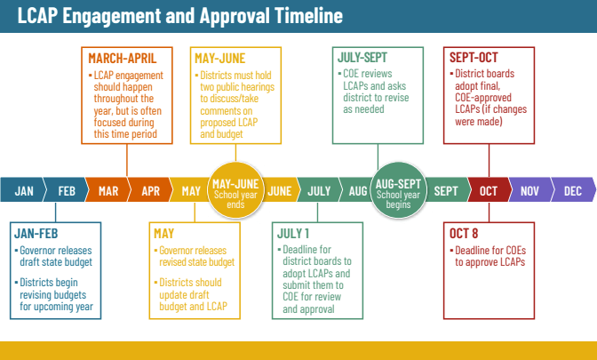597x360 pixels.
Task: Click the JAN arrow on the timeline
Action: [x=23, y=189]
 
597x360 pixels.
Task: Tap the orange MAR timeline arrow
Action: [x=108, y=189]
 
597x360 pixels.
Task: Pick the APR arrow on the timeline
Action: [x=150, y=189]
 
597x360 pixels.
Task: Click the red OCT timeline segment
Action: [x=489, y=189]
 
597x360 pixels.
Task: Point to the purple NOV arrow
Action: [x=530, y=189]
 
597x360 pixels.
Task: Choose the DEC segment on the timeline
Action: [x=573, y=189]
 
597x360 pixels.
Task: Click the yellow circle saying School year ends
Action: [x=235, y=190]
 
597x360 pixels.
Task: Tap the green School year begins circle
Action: [x=398, y=190]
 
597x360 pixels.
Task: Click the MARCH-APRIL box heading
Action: [x=123, y=59]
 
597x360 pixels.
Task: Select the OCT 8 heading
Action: [x=464, y=233]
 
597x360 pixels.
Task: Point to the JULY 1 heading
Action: [x=293, y=233]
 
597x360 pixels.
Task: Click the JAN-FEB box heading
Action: [x=36, y=233]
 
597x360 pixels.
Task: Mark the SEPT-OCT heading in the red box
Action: [x=474, y=58]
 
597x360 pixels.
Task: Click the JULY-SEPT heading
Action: [x=362, y=58]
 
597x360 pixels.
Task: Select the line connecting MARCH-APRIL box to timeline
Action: [x=127, y=160]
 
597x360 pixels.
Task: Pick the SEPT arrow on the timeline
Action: [x=446, y=189]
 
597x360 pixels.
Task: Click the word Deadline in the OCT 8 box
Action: [x=472, y=251]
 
